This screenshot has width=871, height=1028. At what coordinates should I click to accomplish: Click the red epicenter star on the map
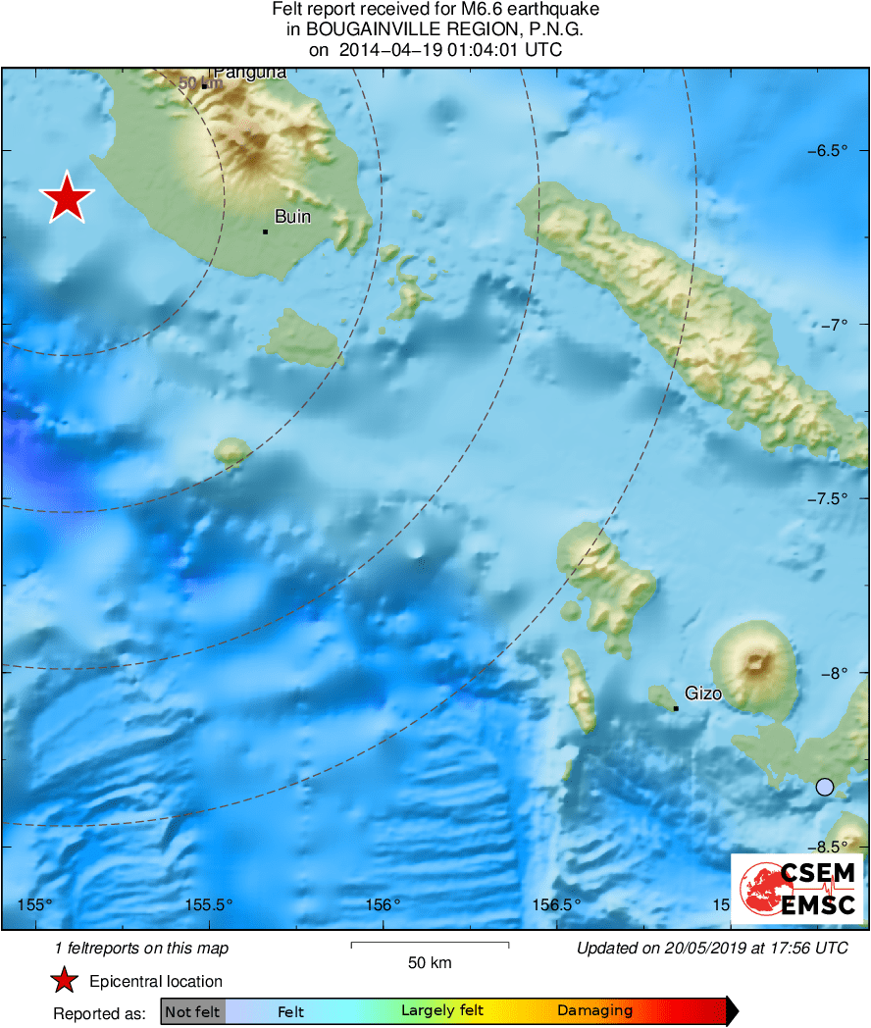[67, 198]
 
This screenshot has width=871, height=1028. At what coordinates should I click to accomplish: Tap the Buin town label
[292, 217]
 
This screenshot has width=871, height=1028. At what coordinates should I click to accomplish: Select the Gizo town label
[703, 694]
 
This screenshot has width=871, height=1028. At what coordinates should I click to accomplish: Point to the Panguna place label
[249, 72]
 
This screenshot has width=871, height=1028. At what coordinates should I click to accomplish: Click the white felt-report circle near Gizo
[825, 787]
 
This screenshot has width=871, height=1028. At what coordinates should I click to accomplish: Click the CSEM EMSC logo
[797, 888]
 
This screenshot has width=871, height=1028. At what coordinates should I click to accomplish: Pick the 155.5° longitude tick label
[210, 904]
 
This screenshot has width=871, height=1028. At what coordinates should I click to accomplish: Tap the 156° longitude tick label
[383, 904]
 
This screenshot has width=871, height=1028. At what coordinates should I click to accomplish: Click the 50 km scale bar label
[430, 963]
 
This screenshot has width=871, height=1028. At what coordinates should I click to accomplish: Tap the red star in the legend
[65, 980]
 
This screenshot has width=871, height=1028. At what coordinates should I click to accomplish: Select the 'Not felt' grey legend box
[192, 1010]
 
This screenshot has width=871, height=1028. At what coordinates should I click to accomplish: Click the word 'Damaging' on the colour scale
[594, 1010]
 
